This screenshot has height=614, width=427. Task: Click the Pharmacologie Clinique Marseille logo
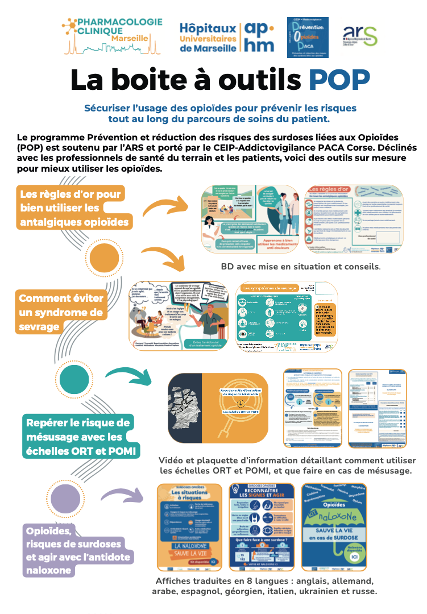(x=113, y=35)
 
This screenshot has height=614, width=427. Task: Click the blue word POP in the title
(x=339, y=80)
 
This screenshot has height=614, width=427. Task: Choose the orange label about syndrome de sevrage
(x=60, y=313)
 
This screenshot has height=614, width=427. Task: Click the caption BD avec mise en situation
(x=300, y=266)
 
